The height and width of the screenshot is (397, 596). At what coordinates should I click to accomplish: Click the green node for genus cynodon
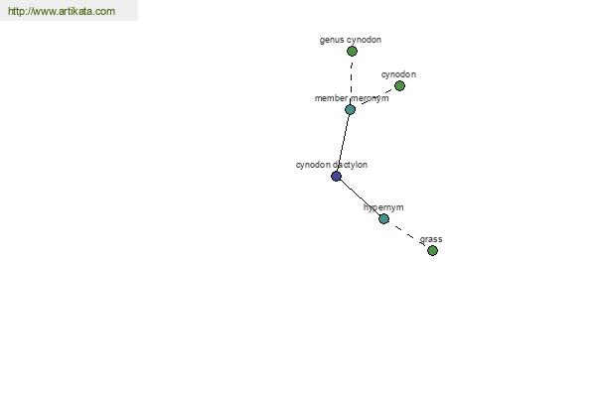(352, 51)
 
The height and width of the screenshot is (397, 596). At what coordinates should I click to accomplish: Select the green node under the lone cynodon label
(399, 86)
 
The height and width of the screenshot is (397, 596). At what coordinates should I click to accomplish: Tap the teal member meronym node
(350, 110)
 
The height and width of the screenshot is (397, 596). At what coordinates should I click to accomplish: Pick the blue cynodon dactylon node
(336, 176)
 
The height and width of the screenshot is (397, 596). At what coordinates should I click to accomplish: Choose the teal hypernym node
(383, 218)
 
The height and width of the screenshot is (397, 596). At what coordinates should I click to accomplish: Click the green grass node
(432, 250)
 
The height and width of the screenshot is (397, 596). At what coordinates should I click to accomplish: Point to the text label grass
(431, 239)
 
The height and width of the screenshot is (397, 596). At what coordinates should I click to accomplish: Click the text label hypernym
(383, 207)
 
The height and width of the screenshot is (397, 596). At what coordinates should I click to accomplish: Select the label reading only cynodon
(398, 74)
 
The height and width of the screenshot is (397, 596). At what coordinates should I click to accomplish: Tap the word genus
(329, 40)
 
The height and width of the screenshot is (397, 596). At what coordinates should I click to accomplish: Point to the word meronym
(370, 98)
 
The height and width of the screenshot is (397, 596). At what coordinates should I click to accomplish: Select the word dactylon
(350, 165)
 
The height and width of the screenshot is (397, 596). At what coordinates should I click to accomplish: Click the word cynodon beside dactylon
(313, 165)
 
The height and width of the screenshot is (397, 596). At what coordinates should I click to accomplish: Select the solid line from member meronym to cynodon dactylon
(344, 143)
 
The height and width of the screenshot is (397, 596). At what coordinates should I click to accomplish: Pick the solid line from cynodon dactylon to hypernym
(360, 198)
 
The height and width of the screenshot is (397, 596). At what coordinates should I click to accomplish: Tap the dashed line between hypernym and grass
(408, 235)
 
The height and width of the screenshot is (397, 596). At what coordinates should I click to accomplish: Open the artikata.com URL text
(62, 11)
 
